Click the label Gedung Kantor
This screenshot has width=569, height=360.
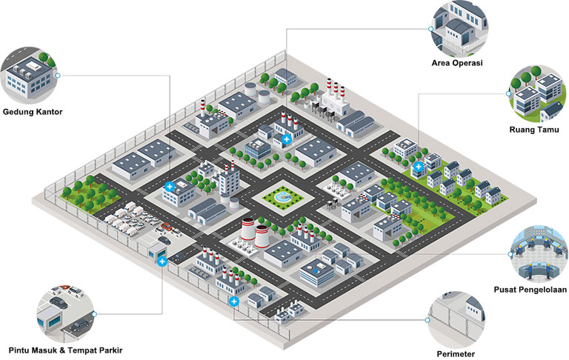32,113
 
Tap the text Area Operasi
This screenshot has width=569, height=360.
457,63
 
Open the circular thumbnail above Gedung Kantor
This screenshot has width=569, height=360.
30,74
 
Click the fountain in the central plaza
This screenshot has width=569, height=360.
282,197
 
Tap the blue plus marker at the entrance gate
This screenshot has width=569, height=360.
162,260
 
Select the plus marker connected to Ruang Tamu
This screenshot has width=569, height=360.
418,167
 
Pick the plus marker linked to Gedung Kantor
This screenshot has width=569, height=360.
170,187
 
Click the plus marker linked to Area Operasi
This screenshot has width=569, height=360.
287,139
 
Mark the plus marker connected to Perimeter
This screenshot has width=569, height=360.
234,302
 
